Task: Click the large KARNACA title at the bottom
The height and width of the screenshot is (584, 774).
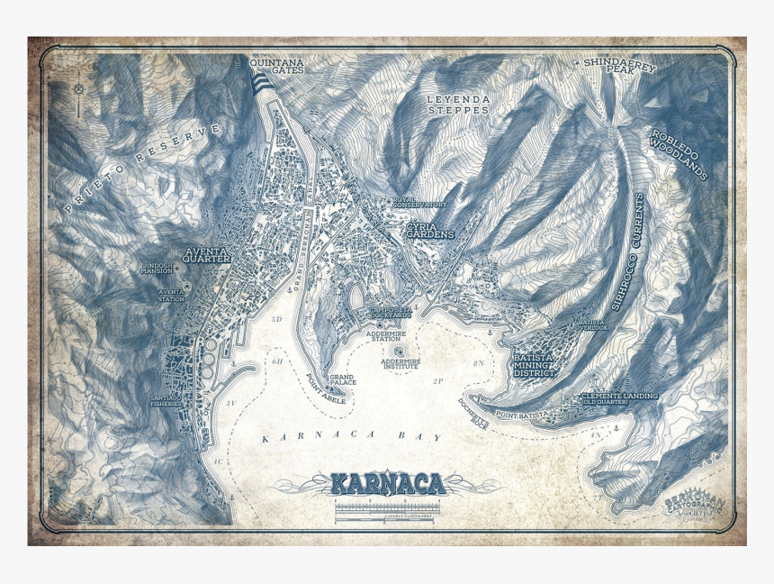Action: (x=388, y=484)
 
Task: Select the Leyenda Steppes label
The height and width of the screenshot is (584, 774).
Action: (x=457, y=104)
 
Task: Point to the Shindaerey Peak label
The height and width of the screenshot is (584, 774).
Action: (x=619, y=65)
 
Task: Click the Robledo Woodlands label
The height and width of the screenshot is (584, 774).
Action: (x=679, y=154)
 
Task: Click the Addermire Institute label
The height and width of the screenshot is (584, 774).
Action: (x=400, y=364)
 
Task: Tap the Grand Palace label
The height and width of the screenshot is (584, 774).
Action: (x=342, y=380)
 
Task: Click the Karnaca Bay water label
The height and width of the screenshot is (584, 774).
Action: (x=353, y=437)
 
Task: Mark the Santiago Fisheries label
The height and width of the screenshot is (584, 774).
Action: (x=166, y=400)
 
